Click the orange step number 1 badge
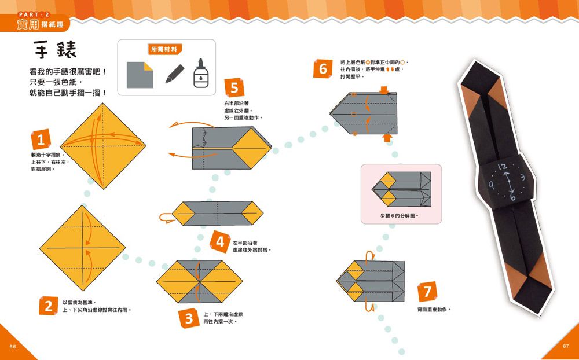(x=40, y=140)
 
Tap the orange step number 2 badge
(x=49, y=306)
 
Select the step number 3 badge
(x=189, y=318)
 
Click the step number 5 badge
(x=234, y=89)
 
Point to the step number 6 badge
(x=323, y=69)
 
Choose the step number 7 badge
(x=427, y=291)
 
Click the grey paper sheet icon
(x=140, y=74)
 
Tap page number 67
(x=566, y=346)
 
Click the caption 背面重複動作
(x=434, y=309)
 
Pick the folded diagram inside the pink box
(x=401, y=190)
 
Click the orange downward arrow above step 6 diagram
(x=384, y=90)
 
